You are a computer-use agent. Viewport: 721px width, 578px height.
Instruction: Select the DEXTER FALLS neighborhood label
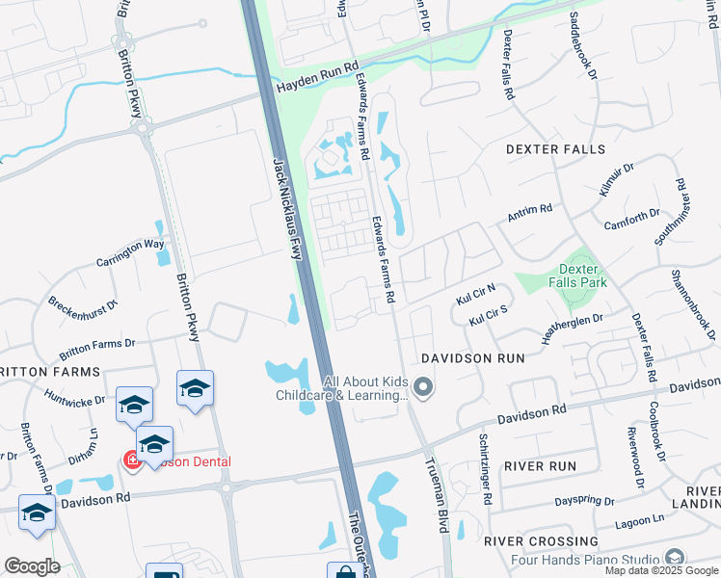pos(556,149)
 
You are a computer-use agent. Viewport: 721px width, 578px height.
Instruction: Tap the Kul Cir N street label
pos(475,293)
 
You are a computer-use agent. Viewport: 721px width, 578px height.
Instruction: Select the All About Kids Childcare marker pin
pos(425,388)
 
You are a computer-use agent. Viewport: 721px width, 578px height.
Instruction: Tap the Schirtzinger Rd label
pos(486,469)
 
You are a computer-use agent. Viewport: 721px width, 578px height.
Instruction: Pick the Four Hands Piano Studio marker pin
pos(675,559)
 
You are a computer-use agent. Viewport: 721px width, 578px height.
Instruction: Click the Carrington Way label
pos(130,252)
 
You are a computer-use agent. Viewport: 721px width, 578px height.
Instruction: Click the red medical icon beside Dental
pos(127,461)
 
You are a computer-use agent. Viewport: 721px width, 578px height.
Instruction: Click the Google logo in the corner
pos(32,566)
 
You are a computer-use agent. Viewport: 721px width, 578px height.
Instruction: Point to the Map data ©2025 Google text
pos(661,570)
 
